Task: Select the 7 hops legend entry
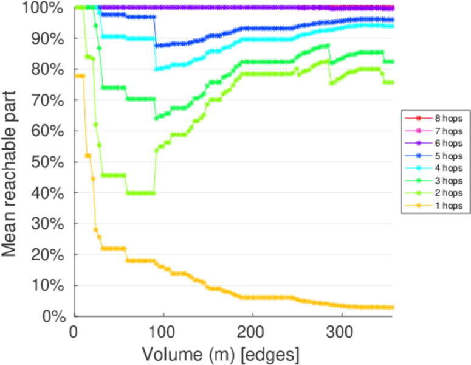click(444, 131)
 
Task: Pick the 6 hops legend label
click(444, 144)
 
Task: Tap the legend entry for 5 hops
click(444, 156)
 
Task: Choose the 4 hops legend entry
click(444, 168)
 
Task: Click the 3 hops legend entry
click(444, 181)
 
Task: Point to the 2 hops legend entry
click(444, 193)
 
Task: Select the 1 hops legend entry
click(444, 206)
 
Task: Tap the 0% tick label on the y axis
click(54, 316)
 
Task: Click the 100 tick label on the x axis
click(162, 332)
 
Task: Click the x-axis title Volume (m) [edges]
click(220, 353)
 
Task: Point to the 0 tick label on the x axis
click(74, 332)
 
